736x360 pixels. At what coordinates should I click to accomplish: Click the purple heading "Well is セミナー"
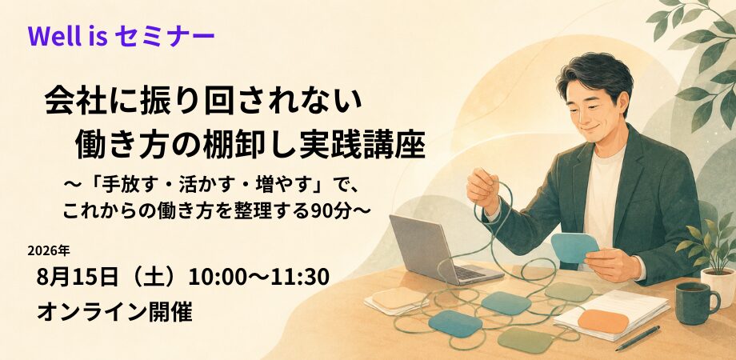point(121,37)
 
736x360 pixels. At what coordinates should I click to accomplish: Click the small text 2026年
point(49,251)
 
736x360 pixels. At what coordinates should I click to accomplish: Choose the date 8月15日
point(77,277)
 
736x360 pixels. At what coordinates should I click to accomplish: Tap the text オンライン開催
point(114,312)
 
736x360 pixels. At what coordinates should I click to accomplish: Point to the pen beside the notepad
point(638,338)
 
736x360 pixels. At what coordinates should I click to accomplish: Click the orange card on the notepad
point(603,321)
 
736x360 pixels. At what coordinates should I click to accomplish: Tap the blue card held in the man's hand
point(574,248)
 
